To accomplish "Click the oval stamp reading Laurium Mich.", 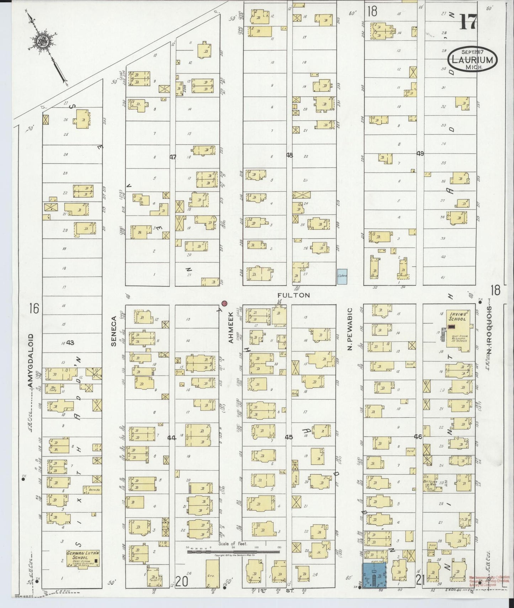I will click(472, 59).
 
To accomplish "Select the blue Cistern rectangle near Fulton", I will click(342, 276).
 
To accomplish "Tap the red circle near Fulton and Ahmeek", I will click(224, 304).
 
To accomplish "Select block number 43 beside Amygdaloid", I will click(70, 343).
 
